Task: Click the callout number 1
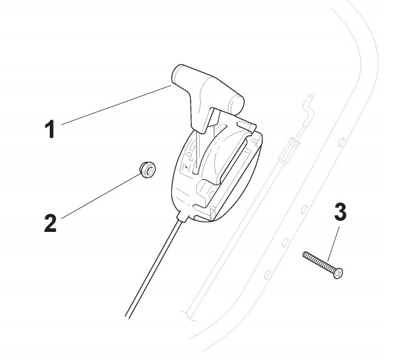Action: (x=52, y=129)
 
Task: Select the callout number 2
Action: (x=50, y=222)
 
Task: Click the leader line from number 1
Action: (x=115, y=104)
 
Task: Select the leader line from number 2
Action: (x=100, y=194)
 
